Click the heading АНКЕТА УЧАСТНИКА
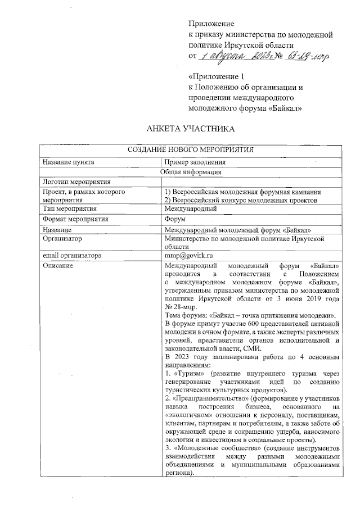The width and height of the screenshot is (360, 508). tap(190, 129)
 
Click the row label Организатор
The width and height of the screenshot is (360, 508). tap(62, 238)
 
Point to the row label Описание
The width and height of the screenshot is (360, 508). tap(58, 265)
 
